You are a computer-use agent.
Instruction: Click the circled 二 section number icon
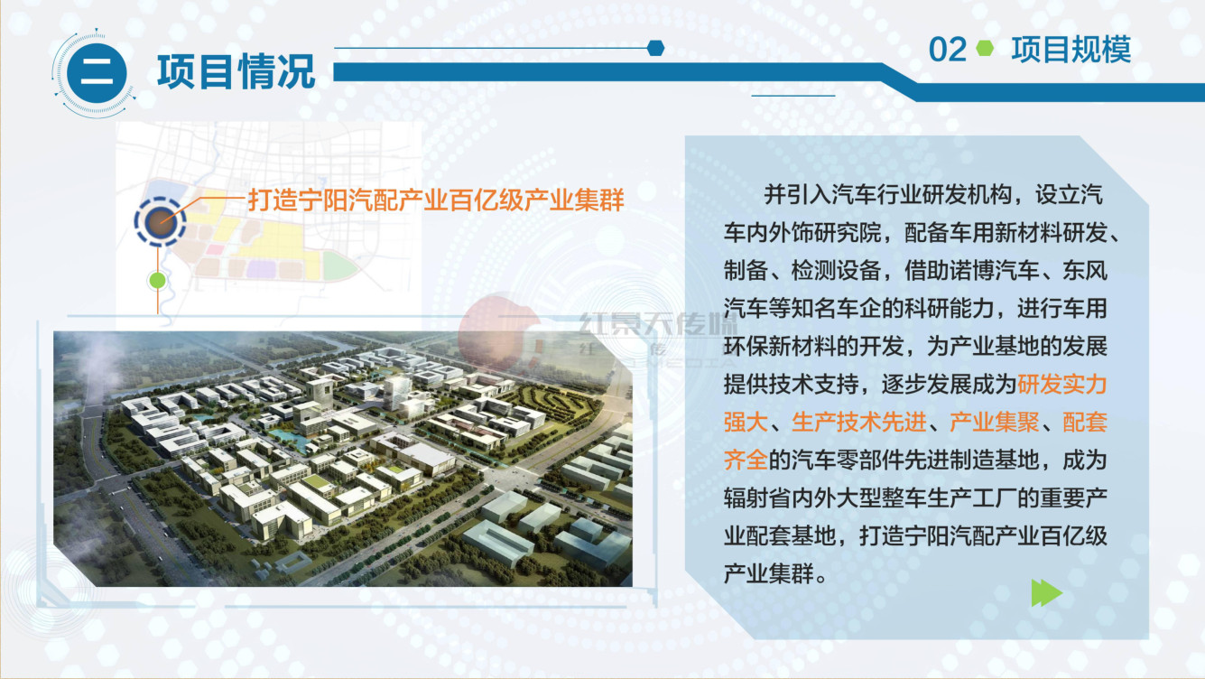click(97, 73)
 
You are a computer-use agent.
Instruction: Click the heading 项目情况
click(236, 71)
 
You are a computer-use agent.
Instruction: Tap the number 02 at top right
click(948, 50)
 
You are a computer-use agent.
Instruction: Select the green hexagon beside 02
click(985, 49)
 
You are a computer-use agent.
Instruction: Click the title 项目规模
click(1071, 50)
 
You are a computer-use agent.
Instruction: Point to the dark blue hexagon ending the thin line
click(656, 48)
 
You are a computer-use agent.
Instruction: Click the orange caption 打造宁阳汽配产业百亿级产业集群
click(436, 200)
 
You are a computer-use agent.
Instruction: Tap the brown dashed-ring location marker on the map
click(160, 222)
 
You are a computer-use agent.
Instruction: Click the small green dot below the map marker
click(157, 280)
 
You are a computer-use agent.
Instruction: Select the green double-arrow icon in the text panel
click(1047, 593)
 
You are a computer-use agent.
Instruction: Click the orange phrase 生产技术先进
click(858, 423)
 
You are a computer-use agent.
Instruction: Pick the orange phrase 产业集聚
click(994, 423)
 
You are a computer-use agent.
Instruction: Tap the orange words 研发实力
click(1061, 385)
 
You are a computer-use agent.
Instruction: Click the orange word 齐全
click(746, 460)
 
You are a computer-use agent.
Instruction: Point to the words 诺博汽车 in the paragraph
click(994, 271)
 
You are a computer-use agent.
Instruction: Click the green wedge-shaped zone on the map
click(338, 265)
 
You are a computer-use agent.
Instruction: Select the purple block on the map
click(262, 268)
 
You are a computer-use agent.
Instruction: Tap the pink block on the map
click(215, 249)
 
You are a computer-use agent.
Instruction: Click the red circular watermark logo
click(497, 333)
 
